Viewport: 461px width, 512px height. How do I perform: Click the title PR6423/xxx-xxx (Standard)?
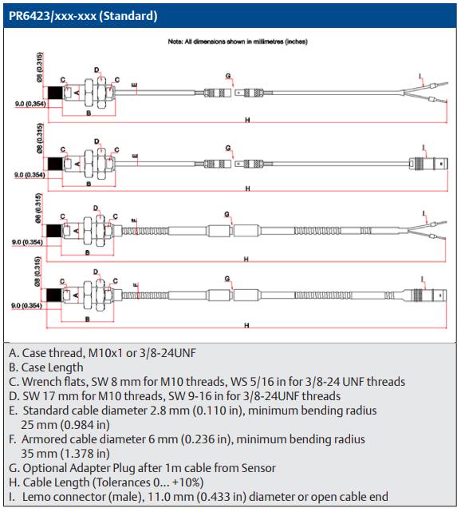pyautogui.click(x=83, y=16)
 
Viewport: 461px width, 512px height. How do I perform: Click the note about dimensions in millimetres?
pyautogui.click(x=238, y=42)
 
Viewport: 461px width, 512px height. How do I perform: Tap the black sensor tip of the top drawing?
pyautogui.click(x=55, y=93)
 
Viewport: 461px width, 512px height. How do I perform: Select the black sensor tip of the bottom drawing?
pyautogui.click(x=53, y=296)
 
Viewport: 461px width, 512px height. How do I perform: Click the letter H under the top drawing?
pyautogui.click(x=247, y=120)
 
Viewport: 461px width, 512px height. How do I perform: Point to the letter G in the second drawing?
pyautogui.click(x=228, y=148)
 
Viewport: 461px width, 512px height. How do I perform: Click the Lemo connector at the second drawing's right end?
pyautogui.click(x=428, y=163)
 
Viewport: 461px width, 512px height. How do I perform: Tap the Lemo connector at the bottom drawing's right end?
pyautogui.click(x=425, y=296)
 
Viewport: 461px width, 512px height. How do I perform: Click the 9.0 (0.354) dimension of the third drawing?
pyautogui.click(x=27, y=242)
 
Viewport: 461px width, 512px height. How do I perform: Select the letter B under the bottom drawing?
pyautogui.click(x=88, y=319)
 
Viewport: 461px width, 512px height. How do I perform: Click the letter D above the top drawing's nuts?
pyautogui.click(x=97, y=69)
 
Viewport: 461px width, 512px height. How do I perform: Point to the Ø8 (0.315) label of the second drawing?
pyautogui.click(x=39, y=138)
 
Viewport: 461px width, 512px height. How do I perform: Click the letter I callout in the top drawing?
pyautogui.click(x=420, y=77)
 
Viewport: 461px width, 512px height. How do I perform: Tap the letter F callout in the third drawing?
pyautogui.click(x=134, y=220)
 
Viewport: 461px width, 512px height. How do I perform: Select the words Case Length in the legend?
pyautogui.click(x=52, y=367)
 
